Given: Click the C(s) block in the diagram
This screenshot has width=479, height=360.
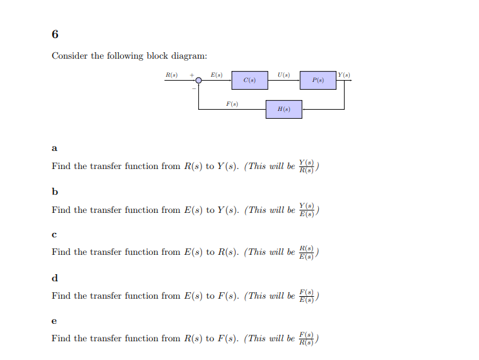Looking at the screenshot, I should click(250, 81).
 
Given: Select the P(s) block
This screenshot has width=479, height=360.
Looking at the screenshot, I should click(318, 81).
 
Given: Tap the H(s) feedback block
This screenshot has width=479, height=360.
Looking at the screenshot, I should click(284, 109).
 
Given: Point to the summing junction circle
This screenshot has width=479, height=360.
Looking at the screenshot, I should click(199, 81).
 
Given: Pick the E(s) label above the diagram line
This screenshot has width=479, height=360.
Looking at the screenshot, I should click(217, 75).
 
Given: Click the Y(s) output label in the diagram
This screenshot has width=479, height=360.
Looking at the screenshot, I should click(344, 75).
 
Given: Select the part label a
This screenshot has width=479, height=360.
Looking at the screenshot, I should click(54, 148).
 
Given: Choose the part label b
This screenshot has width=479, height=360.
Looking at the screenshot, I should click(55, 191).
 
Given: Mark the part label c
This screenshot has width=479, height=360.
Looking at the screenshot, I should click(54, 234).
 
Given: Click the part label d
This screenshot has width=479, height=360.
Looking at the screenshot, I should click(55, 278).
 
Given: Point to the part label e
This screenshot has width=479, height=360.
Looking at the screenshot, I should click(54, 321).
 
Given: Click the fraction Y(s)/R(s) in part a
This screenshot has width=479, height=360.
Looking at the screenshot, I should click(307, 166).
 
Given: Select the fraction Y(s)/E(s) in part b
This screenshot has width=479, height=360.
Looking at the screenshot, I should click(307, 210).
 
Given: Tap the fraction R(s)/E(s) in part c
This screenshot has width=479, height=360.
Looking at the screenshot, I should click(307, 252).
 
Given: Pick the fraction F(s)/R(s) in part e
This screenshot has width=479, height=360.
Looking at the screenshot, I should click(307, 338).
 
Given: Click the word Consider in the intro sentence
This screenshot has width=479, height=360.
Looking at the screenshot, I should click(70, 56).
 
